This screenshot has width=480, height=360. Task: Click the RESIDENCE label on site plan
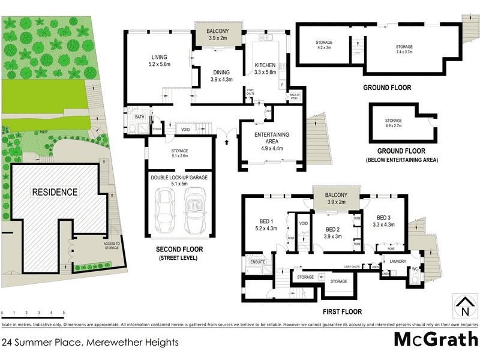[55, 192]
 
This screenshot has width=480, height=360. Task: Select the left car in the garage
[164, 212]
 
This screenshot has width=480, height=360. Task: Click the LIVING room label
[159, 58]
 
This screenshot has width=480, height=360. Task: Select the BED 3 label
[385, 217]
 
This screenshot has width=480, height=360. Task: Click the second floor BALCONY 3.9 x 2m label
[218, 34]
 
